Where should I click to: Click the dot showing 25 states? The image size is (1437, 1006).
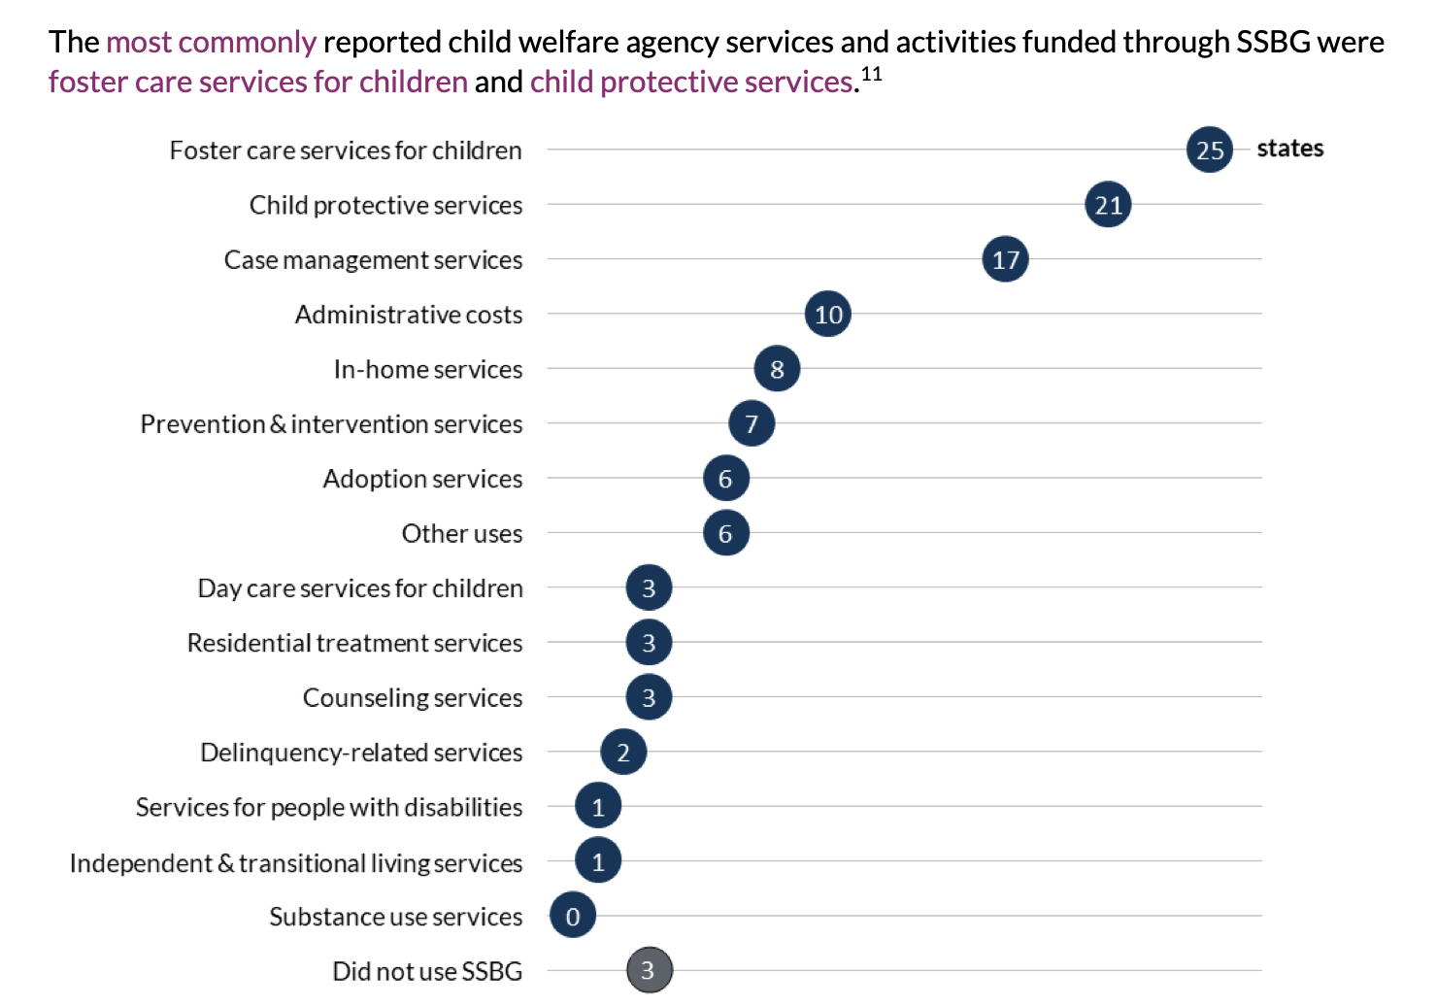tap(1209, 150)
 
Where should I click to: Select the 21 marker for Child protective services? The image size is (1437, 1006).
tap(1108, 205)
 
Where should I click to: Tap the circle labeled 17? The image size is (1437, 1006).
tap(1005, 259)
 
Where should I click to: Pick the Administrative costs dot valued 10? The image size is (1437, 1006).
tap(828, 315)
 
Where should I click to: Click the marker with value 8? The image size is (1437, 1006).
tap(777, 369)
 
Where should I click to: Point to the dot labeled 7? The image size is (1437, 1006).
tap(752, 423)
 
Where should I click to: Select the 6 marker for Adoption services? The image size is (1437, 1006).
tap(725, 479)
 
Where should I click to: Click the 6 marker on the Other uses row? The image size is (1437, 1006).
tap(725, 533)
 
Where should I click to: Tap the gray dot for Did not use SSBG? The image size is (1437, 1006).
tap(649, 970)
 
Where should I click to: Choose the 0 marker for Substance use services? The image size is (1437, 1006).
tap(573, 916)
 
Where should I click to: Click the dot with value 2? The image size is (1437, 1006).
tap(623, 752)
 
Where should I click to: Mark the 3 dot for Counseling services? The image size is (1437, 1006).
tap(649, 697)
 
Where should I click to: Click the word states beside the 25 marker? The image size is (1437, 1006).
tap(1289, 149)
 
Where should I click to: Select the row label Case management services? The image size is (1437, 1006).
tap(373, 260)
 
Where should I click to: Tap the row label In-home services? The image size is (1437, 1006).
tap(427, 370)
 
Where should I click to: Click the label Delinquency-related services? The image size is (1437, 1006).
tap(361, 753)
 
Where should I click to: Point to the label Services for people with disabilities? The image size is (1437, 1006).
tap(328, 807)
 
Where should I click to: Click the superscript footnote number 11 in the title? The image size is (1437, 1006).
tap(871, 74)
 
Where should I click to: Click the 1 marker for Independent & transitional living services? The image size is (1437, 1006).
tap(598, 861)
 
